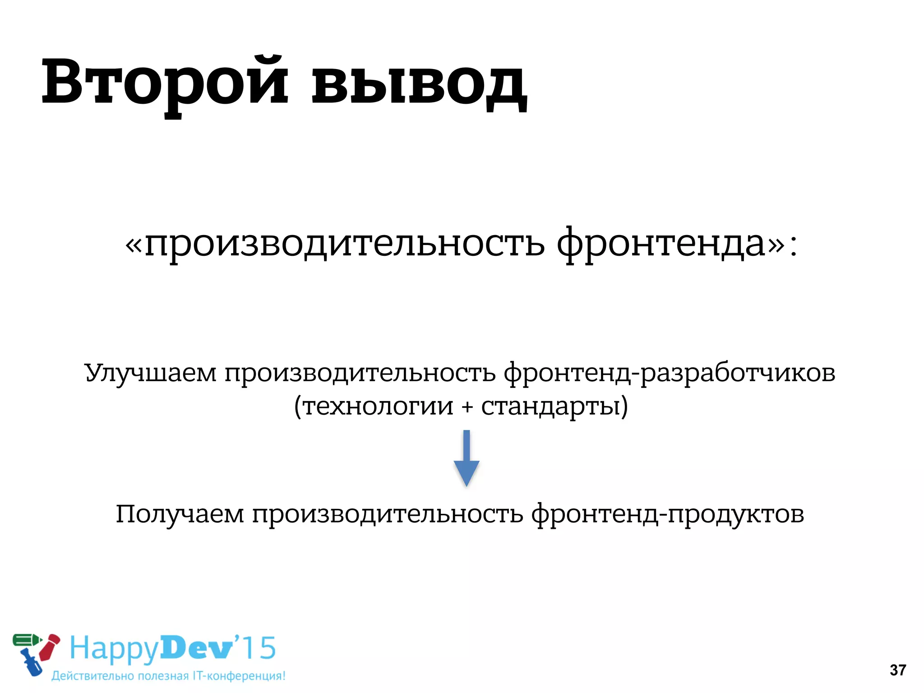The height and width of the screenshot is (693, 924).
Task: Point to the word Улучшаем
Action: click(x=151, y=374)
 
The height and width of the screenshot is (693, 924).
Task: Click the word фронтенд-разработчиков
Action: click(x=670, y=374)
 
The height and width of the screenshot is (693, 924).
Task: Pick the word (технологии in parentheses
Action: click(x=374, y=406)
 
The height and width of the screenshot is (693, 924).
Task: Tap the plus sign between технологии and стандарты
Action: click(x=467, y=407)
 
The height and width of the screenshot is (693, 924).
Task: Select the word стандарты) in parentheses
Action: click(x=554, y=406)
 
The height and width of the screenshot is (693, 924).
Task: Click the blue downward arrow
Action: click(x=467, y=458)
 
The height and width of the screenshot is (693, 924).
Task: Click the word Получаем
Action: click(x=180, y=514)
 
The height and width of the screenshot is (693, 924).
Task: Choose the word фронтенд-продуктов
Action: click(x=668, y=514)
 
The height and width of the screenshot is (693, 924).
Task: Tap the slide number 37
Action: click(x=898, y=670)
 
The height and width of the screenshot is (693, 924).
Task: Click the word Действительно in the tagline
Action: click(x=92, y=676)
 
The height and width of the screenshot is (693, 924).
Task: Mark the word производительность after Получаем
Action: click(x=388, y=514)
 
